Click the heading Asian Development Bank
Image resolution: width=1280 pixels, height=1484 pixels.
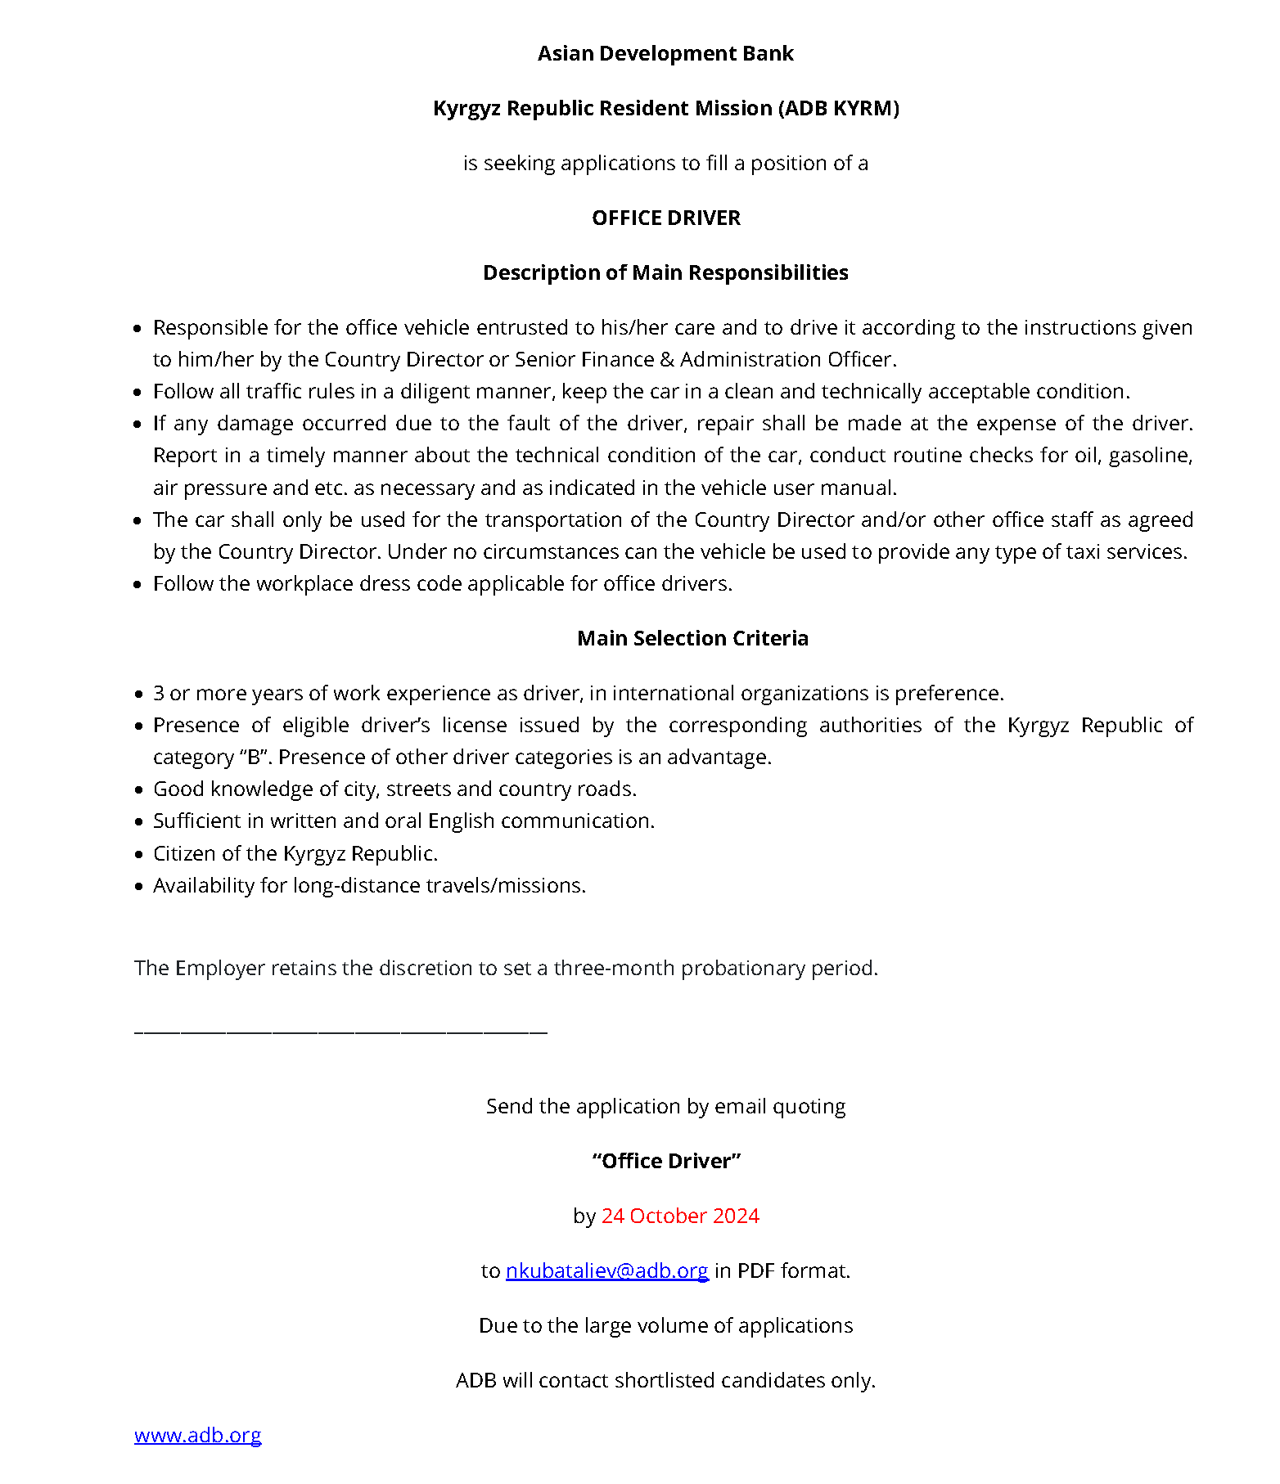(x=665, y=54)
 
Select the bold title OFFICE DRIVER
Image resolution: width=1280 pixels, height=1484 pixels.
(x=665, y=218)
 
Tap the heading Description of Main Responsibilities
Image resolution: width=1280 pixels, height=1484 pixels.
(x=665, y=273)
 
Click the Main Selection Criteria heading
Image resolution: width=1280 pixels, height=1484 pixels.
(x=692, y=639)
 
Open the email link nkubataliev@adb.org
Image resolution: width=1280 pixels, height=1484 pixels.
(x=606, y=1270)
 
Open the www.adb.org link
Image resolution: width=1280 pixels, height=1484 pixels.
(x=197, y=1436)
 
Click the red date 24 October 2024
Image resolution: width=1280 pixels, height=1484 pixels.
(x=680, y=1216)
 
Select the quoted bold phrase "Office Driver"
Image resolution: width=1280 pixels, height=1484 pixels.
(x=666, y=1162)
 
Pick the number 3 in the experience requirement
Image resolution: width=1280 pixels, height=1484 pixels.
(x=159, y=694)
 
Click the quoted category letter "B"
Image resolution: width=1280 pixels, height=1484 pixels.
(x=254, y=758)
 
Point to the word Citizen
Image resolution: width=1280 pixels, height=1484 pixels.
(x=183, y=854)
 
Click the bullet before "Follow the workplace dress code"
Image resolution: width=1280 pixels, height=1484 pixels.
(x=137, y=585)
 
